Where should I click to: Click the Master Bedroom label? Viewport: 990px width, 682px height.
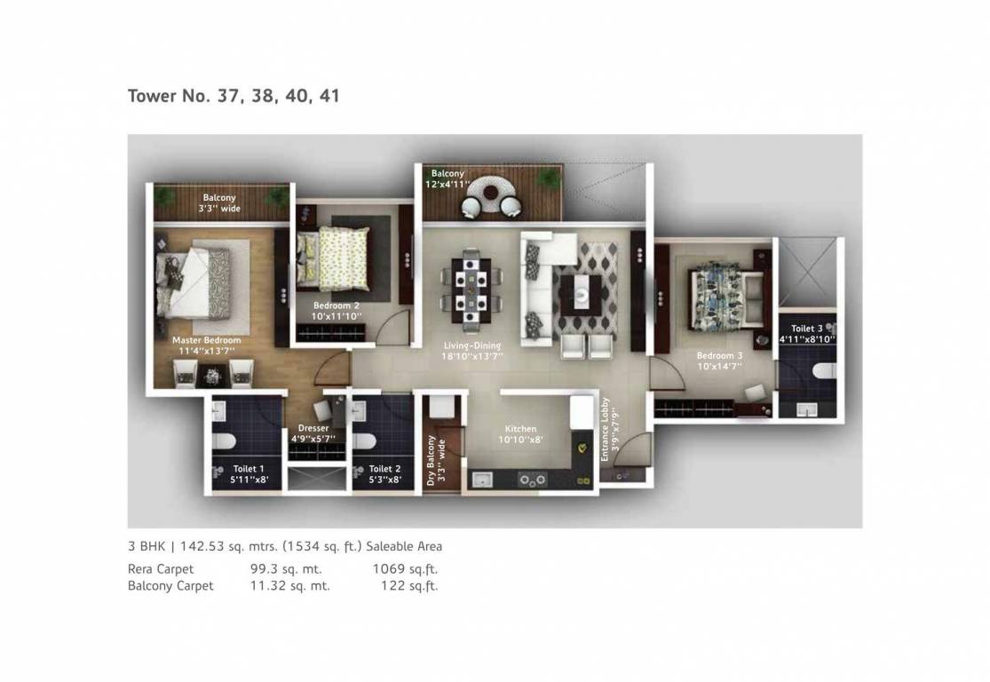tap(207, 340)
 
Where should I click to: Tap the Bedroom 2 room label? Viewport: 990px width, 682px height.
tap(337, 305)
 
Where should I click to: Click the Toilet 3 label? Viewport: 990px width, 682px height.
tap(807, 328)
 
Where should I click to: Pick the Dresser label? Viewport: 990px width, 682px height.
tap(313, 428)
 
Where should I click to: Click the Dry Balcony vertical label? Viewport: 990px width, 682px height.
tap(432, 458)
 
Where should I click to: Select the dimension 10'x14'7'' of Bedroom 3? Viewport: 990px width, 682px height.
tap(719, 365)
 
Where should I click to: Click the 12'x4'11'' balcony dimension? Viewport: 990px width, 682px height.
tap(448, 185)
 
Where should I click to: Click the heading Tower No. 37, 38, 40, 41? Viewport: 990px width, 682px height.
tap(234, 96)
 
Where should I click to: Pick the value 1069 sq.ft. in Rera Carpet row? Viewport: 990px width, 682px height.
tap(405, 569)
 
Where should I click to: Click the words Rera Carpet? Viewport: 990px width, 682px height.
tap(161, 569)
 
